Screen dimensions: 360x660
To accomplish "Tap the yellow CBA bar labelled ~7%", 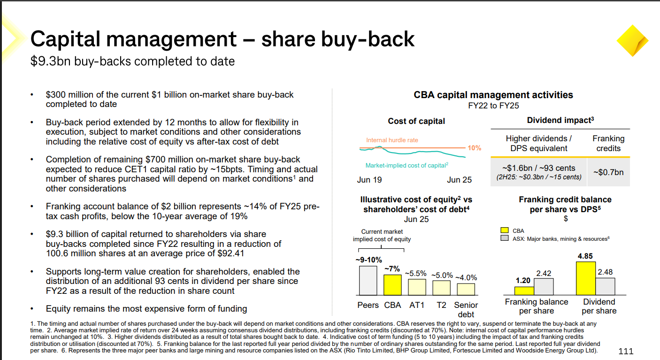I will pos(392,284).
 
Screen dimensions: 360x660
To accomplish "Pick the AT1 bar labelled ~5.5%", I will pos(417,286).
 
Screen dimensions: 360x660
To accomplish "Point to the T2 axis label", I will pos(441,305).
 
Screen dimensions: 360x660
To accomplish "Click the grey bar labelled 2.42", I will pos(544,286).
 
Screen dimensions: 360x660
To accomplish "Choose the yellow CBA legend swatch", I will pos(505,230).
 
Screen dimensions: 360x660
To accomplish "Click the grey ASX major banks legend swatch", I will pos(505,238).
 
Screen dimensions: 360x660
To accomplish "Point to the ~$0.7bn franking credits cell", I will pos(608,172).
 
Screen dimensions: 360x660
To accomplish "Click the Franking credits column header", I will pos(608,143).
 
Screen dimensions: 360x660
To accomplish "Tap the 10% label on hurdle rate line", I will pos(475,148).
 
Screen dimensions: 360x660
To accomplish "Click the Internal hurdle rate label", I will pos(392,140).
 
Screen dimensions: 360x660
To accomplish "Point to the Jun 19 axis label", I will pos(369,180).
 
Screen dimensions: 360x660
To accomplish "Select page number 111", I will pos(626,351).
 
